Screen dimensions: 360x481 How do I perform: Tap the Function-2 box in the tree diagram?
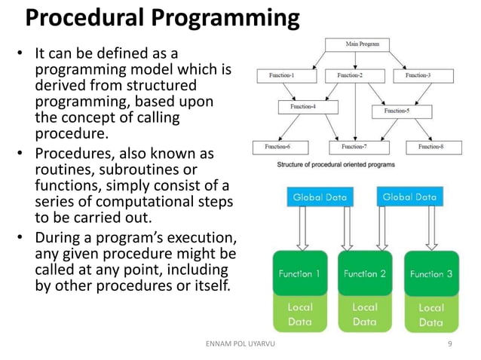coord(349,75)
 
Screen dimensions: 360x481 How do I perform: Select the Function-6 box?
coord(277,146)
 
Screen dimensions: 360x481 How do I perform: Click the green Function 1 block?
coord(300,273)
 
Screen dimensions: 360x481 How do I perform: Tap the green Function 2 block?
coord(365,273)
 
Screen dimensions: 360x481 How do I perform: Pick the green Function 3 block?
coord(431,274)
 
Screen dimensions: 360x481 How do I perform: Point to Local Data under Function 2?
coord(365,314)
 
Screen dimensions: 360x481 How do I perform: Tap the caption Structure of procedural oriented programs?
coord(335,163)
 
